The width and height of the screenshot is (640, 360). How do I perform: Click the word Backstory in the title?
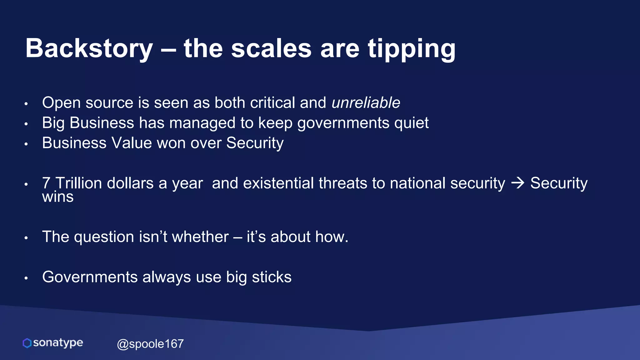(x=89, y=48)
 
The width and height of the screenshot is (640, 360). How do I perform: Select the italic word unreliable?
(x=366, y=103)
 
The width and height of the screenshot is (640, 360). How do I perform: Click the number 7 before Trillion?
(x=46, y=183)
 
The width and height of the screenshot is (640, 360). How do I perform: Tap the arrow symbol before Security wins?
(x=517, y=183)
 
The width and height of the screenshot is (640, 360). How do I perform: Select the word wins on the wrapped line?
(x=58, y=197)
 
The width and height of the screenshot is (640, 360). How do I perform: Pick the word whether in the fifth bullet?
(x=200, y=237)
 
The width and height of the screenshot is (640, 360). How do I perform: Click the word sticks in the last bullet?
(x=272, y=277)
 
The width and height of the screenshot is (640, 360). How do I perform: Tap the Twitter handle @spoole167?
(x=150, y=344)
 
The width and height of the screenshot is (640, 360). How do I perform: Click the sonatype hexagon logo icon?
(x=27, y=343)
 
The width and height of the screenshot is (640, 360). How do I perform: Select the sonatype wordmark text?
(x=58, y=343)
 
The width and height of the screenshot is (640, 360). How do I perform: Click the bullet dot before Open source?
(x=26, y=103)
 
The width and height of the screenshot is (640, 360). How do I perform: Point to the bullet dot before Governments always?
(x=26, y=278)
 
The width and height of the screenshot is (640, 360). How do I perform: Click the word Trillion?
(x=78, y=183)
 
